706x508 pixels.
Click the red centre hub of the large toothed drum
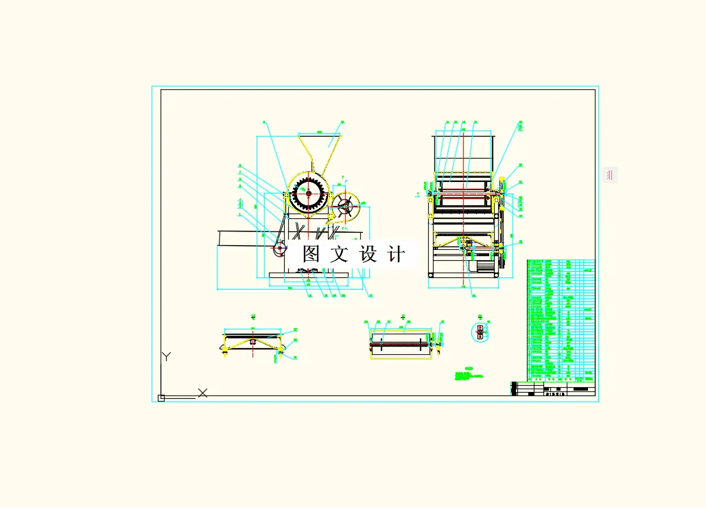coord(308,194)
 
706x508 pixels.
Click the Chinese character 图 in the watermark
coord(311,254)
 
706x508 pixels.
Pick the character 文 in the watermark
coord(340,254)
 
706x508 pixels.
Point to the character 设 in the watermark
coord(368,254)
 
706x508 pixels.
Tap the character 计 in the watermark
coord(396,254)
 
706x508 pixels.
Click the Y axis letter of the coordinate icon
coord(166,356)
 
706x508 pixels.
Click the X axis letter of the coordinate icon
coord(202,393)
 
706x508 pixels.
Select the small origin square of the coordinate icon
coord(161,397)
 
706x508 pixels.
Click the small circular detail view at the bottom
coord(480,332)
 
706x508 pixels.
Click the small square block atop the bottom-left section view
coord(252,341)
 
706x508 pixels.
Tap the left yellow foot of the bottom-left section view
coord(224,351)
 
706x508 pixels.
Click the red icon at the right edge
coord(609,176)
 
